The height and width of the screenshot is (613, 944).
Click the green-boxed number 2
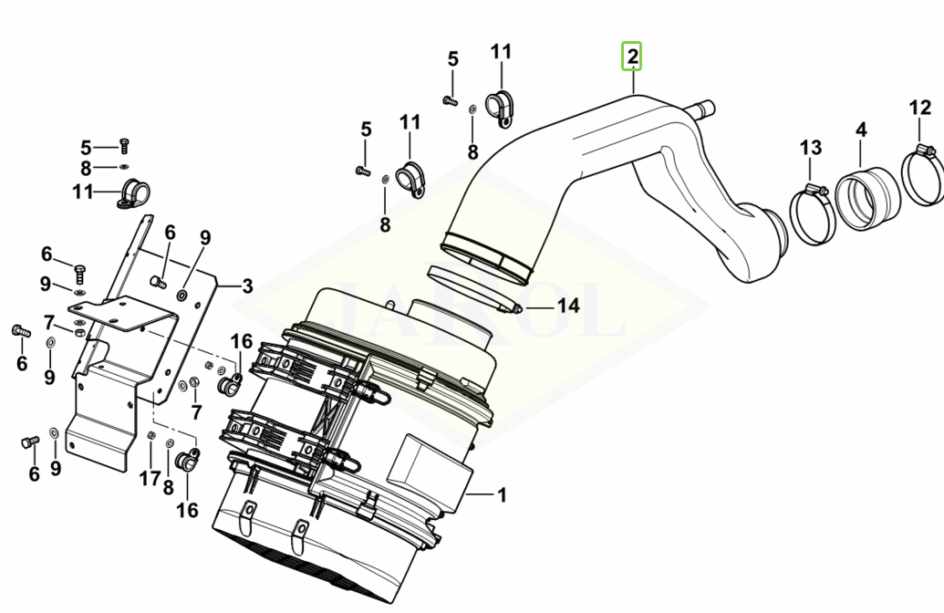pos(632,57)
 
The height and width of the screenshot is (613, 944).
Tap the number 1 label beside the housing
pos(501,495)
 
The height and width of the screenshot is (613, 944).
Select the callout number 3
pos(246,286)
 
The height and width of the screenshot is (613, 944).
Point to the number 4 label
pos(860,130)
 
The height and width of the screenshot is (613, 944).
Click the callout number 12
pos(920,109)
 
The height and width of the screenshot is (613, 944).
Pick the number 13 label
pos(811,147)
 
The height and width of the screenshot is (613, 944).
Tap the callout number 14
pos(568,306)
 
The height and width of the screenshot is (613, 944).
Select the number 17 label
pos(150,477)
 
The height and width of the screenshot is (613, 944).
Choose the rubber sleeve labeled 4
pos(863,197)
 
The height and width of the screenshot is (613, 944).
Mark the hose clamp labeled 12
pos(921,178)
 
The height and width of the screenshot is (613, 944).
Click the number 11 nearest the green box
pos(502,52)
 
